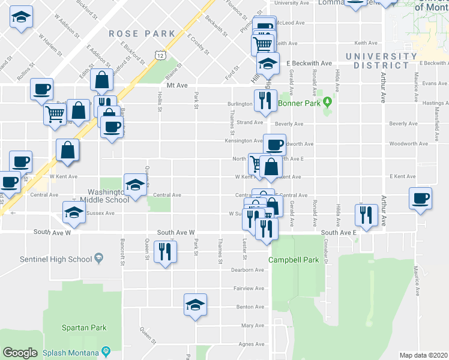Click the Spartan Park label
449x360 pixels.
point(84,328)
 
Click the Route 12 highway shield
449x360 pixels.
point(160,55)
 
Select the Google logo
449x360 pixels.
point(20,352)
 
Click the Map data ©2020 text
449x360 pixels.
point(423,355)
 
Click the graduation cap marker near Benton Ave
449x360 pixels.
point(195,304)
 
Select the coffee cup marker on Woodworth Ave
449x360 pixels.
point(274,144)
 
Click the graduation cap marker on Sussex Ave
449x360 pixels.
point(74,211)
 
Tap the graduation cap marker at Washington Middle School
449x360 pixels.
point(135,184)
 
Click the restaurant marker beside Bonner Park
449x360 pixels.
point(265,100)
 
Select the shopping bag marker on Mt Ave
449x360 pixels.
point(102,79)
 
